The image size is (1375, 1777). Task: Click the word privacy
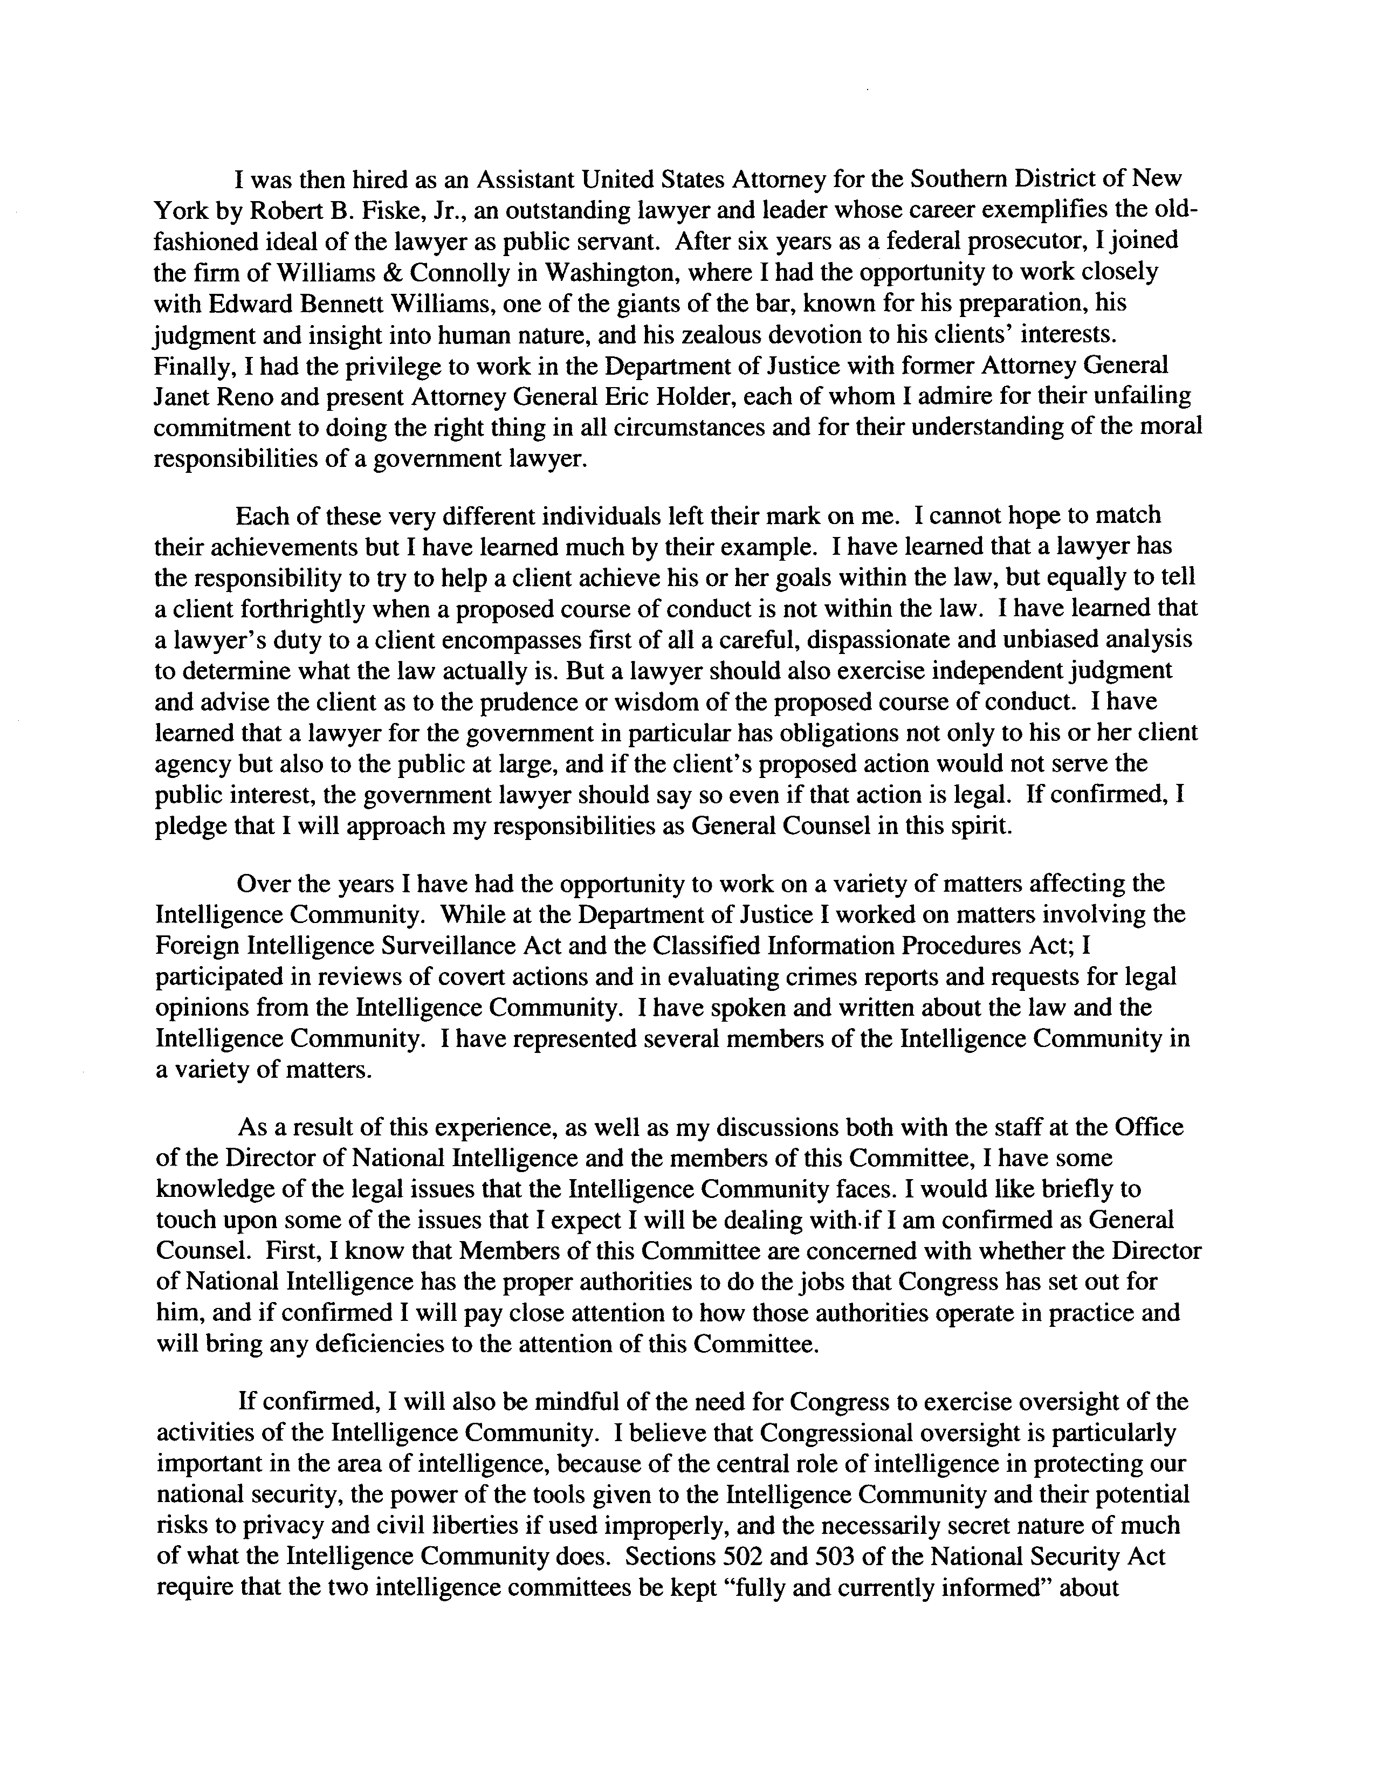(x=260, y=1526)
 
